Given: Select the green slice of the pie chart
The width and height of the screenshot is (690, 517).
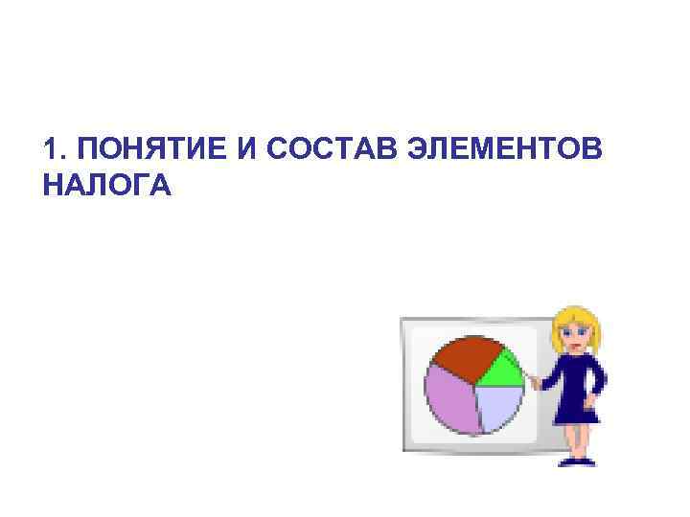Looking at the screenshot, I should pyautogui.click(x=501, y=369).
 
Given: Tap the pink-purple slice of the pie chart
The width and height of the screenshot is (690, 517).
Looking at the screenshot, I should pyautogui.click(x=449, y=399).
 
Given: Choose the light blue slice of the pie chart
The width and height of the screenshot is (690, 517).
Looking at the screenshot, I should pyautogui.click(x=499, y=406).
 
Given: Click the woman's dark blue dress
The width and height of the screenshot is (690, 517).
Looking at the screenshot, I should pyautogui.click(x=576, y=388).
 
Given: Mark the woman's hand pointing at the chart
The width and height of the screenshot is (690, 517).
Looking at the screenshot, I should pyautogui.click(x=534, y=382).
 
